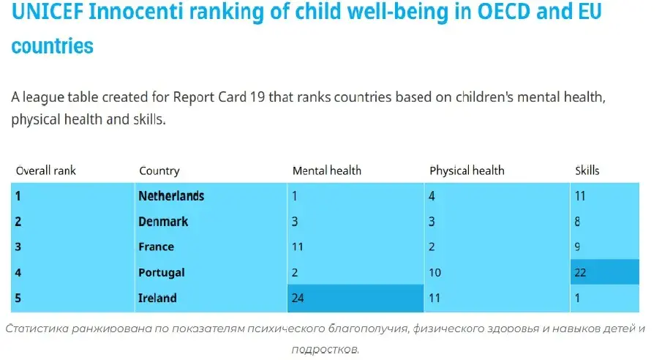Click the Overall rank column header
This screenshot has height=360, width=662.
click(x=46, y=171)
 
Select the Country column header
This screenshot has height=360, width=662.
click(x=159, y=171)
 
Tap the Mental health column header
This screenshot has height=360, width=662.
click(x=326, y=171)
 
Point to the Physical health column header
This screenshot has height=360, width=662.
click(x=467, y=171)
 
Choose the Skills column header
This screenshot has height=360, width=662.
click(x=587, y=171)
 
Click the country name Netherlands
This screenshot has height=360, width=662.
click(x=171, y=196)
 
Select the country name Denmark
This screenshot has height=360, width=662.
click(x=163, y=222)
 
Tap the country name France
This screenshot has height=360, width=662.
click(x=156, y=247)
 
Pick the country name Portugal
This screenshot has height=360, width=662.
click(x=162, y=273)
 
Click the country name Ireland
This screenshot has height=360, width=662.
click(x=157, y=298)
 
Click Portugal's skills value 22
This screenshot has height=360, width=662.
click(x=581, y=273)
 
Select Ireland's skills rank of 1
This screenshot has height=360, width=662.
click(x=578, y=298)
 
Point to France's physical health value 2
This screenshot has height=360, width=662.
click(x=433, y=247)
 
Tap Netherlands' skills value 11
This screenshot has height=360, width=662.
click(x=581, y=196)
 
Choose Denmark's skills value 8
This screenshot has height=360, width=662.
click(x=578, y=222)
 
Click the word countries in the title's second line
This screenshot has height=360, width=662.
click(x=53, y=46)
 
